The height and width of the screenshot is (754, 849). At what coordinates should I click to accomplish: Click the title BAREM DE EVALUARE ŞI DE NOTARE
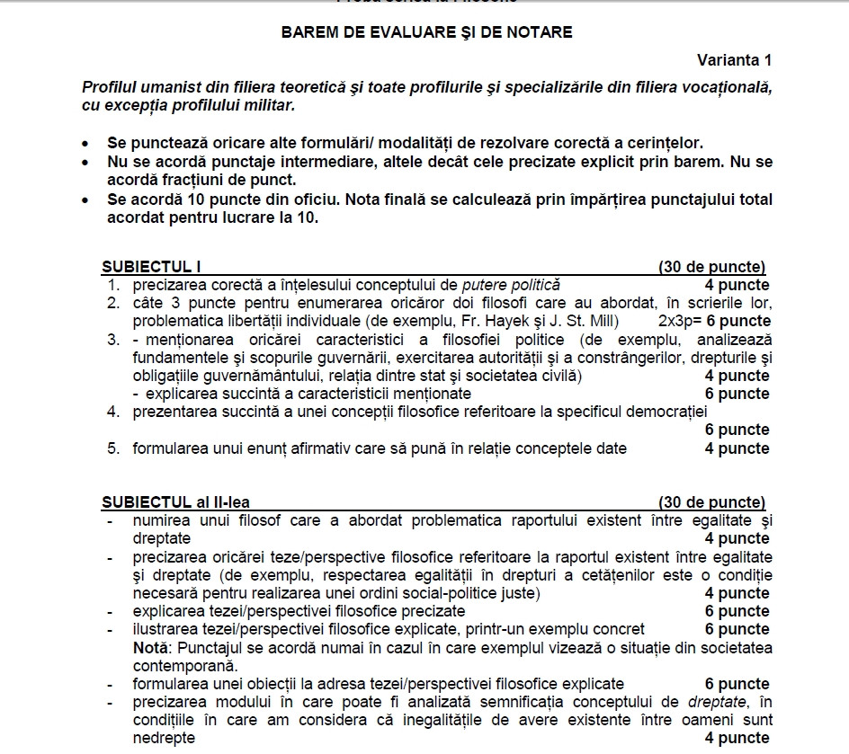(426, 32)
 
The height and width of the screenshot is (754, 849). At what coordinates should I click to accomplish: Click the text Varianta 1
(734, 60)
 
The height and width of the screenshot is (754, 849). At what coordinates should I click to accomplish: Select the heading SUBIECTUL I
(151, 267)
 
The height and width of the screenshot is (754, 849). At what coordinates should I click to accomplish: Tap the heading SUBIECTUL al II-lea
(175, 501)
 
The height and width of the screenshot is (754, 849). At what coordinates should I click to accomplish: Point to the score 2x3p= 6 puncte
(714, 321)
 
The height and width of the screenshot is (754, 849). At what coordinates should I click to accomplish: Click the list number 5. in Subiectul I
(113, 448)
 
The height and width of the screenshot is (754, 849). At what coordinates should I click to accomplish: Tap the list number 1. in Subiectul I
(113, 285)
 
